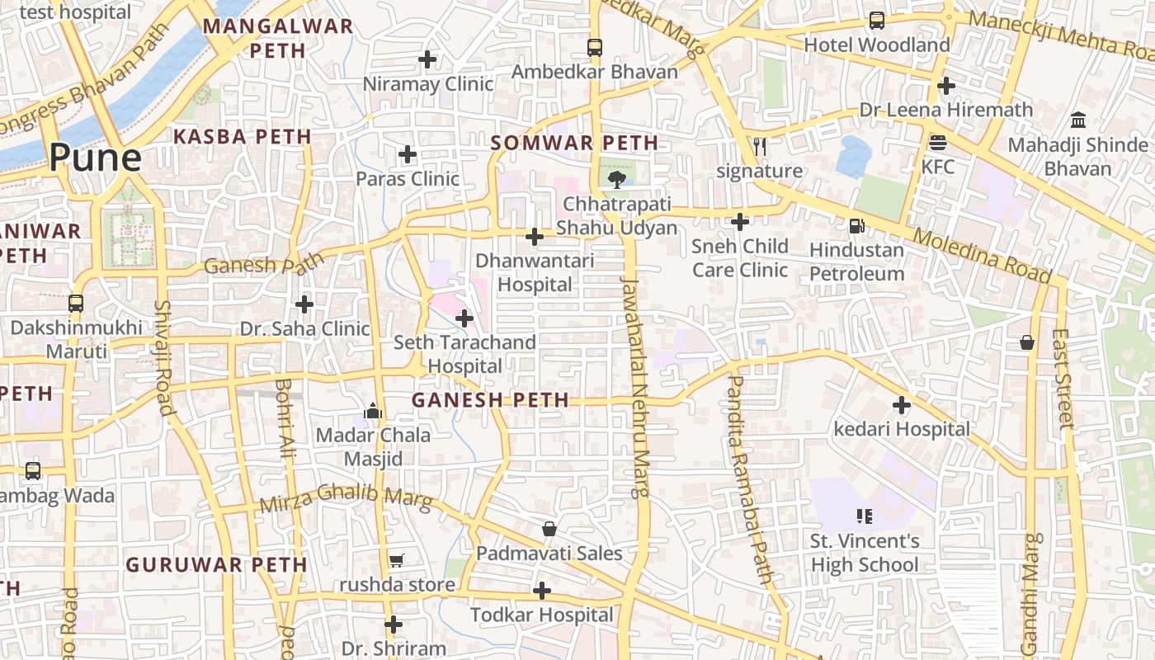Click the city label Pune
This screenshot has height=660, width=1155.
(x=95, y=157)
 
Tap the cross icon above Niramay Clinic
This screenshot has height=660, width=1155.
(x=427, y=59)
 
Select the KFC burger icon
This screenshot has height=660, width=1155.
(x=937, y=143)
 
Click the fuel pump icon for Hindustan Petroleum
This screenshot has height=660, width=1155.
(x=857, y=225)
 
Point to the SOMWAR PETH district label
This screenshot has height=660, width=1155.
(x=574, y=143)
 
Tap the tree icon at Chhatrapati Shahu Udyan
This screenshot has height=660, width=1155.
(x=615, y=179)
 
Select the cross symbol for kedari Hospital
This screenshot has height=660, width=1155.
(x=902, y=405)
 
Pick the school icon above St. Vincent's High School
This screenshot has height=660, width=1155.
(x=864, y=517)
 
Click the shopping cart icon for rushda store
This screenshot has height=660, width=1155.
(x=396, y=561)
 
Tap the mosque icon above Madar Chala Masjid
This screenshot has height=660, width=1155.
(x=373, y=410)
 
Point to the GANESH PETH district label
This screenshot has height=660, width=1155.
(x=490, y=400)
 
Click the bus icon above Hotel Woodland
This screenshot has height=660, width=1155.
(x=877, y=21)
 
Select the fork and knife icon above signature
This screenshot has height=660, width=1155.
(x=759, y=147)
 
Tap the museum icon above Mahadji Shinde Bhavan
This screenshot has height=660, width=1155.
(x=1077, y=120)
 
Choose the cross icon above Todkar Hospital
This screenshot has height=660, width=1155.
(x=541, y=591)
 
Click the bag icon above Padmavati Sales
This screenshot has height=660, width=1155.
(x=549, y=529)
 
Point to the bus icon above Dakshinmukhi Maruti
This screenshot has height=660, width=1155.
(x=76, y=303)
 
